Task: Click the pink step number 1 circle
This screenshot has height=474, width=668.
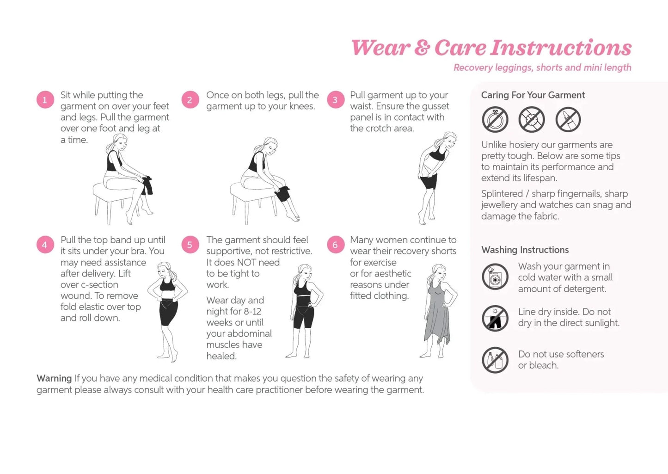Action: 45,100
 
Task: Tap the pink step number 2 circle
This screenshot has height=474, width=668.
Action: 190,100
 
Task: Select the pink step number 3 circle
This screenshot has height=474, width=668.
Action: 335,100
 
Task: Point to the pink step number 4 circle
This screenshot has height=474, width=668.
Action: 45,245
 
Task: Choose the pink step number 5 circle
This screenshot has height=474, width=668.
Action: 190,245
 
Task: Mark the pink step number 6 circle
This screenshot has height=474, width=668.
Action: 335,245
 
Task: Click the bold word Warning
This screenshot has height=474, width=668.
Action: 54,378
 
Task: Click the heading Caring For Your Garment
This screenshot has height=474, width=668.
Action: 533,95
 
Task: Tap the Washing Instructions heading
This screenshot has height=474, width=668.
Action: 525,250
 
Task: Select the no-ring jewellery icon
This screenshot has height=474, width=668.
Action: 495,119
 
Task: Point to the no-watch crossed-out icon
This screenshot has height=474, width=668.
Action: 532,119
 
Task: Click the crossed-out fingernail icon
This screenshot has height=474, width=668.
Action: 568,119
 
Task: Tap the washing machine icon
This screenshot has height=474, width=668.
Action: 495,277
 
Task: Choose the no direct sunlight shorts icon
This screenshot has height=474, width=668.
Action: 495,318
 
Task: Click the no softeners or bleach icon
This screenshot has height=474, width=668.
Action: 495,360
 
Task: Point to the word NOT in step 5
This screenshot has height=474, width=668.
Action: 247,263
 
